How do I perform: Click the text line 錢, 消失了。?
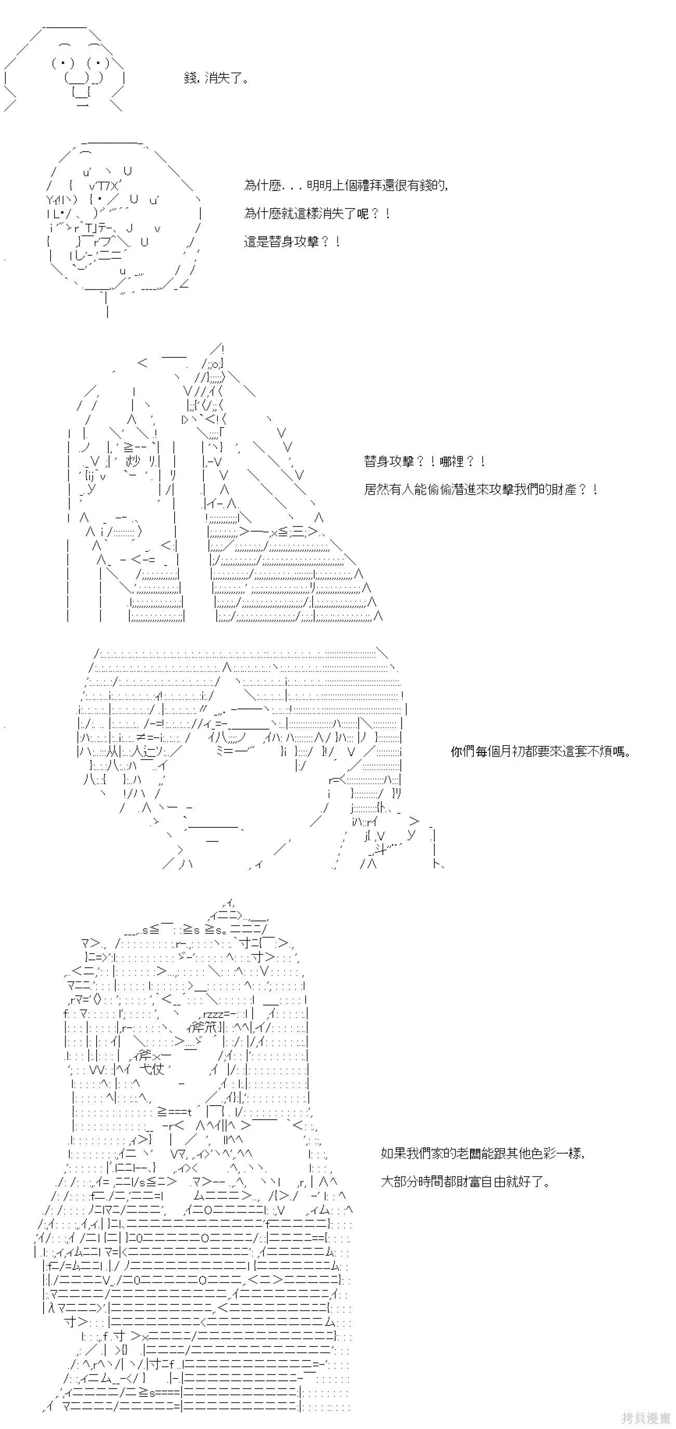coord(216,78)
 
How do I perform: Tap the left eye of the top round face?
coord(63,63)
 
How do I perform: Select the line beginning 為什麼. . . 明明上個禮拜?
coord(346,186)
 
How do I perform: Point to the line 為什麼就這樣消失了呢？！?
coord(317,214)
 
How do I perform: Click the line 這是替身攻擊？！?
coord(292,242)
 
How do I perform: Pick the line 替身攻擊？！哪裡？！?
coord(425,461)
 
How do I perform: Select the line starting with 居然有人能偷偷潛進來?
coord(480,489)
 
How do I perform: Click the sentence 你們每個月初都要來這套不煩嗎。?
coord(541,752)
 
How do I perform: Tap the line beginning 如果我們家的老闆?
coord(483,1153)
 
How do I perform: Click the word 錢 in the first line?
coord(190,78)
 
